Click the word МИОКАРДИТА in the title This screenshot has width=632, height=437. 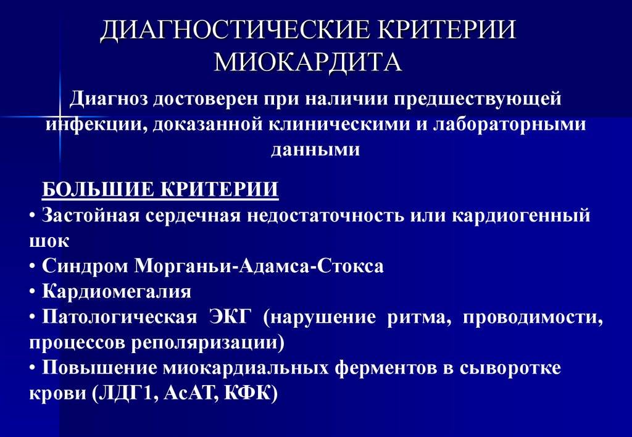pos(307,62)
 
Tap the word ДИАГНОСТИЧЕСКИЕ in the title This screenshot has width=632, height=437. pos(235,30)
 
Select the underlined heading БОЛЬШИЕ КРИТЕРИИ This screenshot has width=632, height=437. pos(160,189)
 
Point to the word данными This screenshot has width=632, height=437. pos(315,149)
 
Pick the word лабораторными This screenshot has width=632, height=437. pos(509,124)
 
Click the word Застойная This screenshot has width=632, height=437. pos(91,215)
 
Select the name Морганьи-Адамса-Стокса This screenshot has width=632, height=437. pos(259,267)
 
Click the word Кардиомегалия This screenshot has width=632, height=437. pos(117,291)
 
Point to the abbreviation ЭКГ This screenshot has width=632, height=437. pos(231,317)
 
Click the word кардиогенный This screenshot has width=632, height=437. pos(521,215)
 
